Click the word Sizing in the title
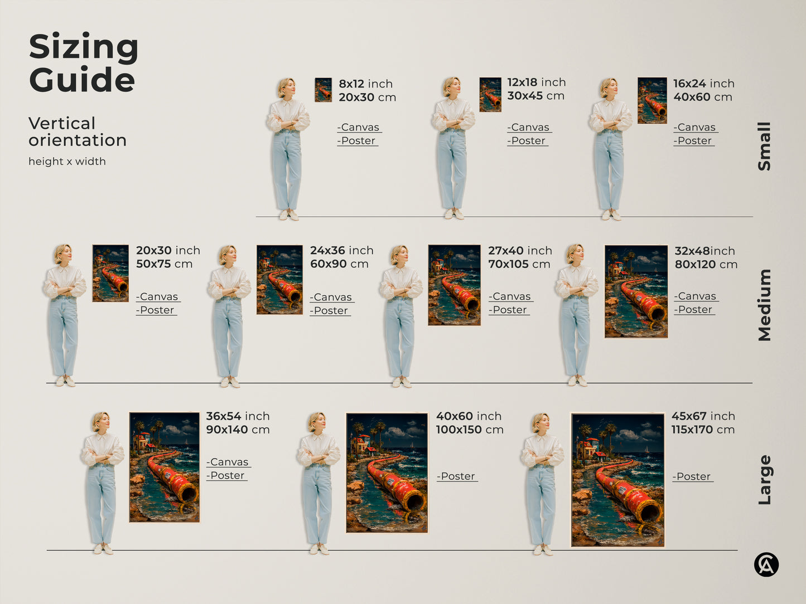(x=84, y=48)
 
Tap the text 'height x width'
(x=67, y=162)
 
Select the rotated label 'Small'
(x=764, y=146)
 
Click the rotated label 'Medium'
(x=764, y=305)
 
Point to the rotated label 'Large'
(x=764, y=480)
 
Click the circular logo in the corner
(x=766, y=564)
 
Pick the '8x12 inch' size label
(x=365, y=84)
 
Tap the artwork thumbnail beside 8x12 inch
(x=323, y=90)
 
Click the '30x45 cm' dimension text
(x=535, y=96)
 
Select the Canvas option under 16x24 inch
(x=695, y=128)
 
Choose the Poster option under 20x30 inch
(x=156, y=310)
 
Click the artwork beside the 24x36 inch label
(x=279, y=280)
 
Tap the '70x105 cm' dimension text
(x=519, y=264)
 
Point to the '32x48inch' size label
(x=704, y=251)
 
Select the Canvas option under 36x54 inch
(x=228, y=462)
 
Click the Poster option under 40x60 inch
(x=457, y=476)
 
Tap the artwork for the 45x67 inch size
(x=617, y=479)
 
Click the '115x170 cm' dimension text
(x=703, y=430)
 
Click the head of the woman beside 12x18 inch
(x=452, y=87)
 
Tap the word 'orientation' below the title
(x=78, y=140)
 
